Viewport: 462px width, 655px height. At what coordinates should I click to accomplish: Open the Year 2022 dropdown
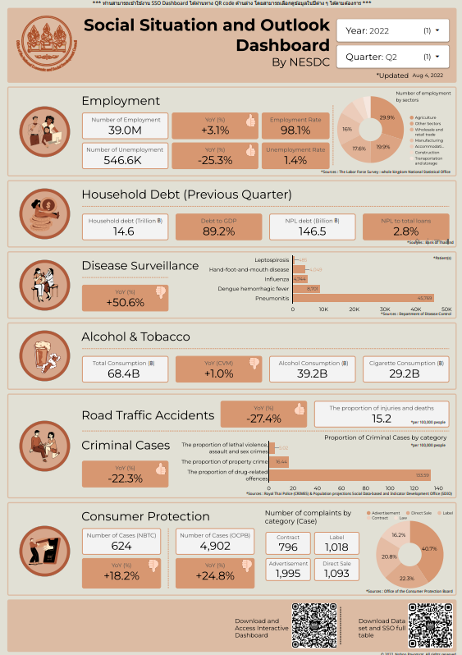click(393, 30)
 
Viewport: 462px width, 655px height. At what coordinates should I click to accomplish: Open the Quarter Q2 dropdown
click(393, 57)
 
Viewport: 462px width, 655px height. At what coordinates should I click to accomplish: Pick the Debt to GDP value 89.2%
click(220, 232)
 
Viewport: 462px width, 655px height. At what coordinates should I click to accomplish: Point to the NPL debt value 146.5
click(313, 232)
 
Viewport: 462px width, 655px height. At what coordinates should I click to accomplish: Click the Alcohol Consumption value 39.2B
click(313, 373)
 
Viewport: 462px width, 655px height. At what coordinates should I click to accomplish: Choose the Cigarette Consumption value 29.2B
click(405, 373)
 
